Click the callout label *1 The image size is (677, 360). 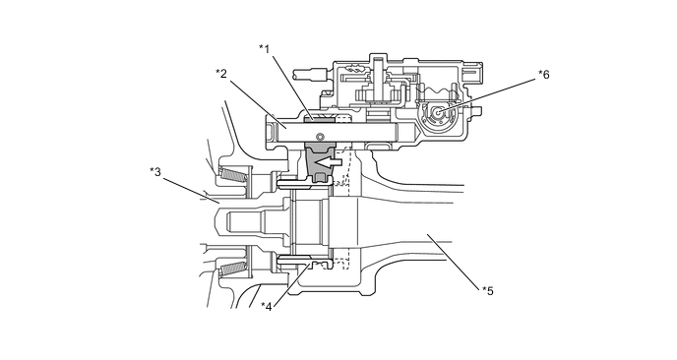[x=265, y=49]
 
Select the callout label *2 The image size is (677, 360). [x=221, y=74]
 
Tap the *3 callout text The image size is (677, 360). [x=155, y=172]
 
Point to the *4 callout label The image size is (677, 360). [x=267, y=307]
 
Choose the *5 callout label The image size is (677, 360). [x=488, y=291]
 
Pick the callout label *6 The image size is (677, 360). [x=544, y=74]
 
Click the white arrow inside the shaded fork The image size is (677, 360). [x=327, y=162]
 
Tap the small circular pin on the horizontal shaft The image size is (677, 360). [x=320, y=137]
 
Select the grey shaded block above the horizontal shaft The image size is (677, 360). [x=319, y=118]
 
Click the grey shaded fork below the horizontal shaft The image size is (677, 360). [x=320, y=162]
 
